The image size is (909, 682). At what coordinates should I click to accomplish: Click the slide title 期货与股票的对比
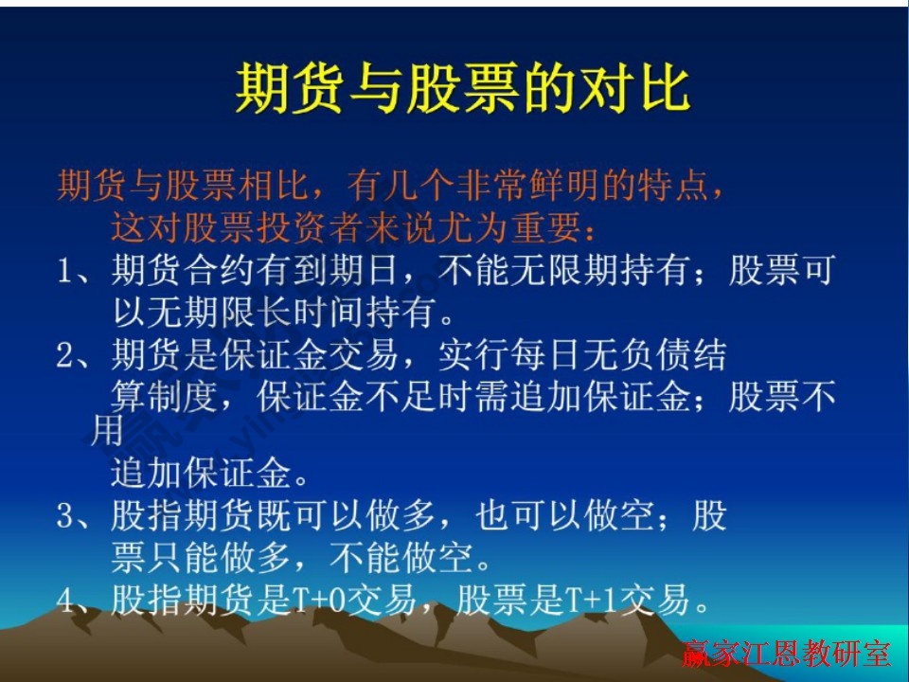[x=462, y=90]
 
